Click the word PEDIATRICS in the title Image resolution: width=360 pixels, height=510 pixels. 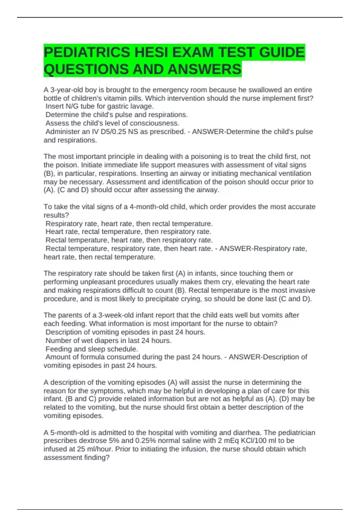87,52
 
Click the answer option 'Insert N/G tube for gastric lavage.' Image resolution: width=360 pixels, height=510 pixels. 99,106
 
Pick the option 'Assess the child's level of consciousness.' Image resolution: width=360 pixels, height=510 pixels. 112,123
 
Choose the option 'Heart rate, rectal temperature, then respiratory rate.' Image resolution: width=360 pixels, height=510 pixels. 128,232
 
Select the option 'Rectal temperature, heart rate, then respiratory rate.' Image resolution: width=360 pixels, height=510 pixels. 129,240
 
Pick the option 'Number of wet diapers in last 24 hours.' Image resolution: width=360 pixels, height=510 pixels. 108,340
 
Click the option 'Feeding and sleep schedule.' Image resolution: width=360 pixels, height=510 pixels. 91,349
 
